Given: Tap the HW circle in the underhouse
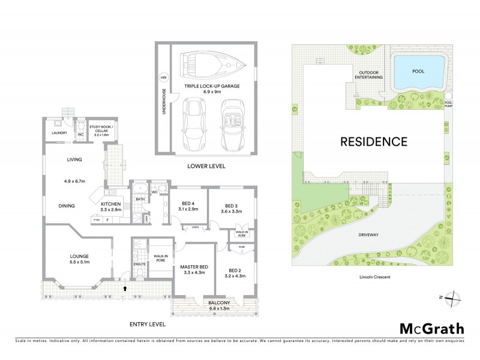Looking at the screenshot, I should click(x=163, y=77).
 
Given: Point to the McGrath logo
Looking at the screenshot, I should click(x=431, y=328).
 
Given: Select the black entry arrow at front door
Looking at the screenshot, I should click(x=124, y=289).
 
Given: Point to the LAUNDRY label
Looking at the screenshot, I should click(x=59, y=133).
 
